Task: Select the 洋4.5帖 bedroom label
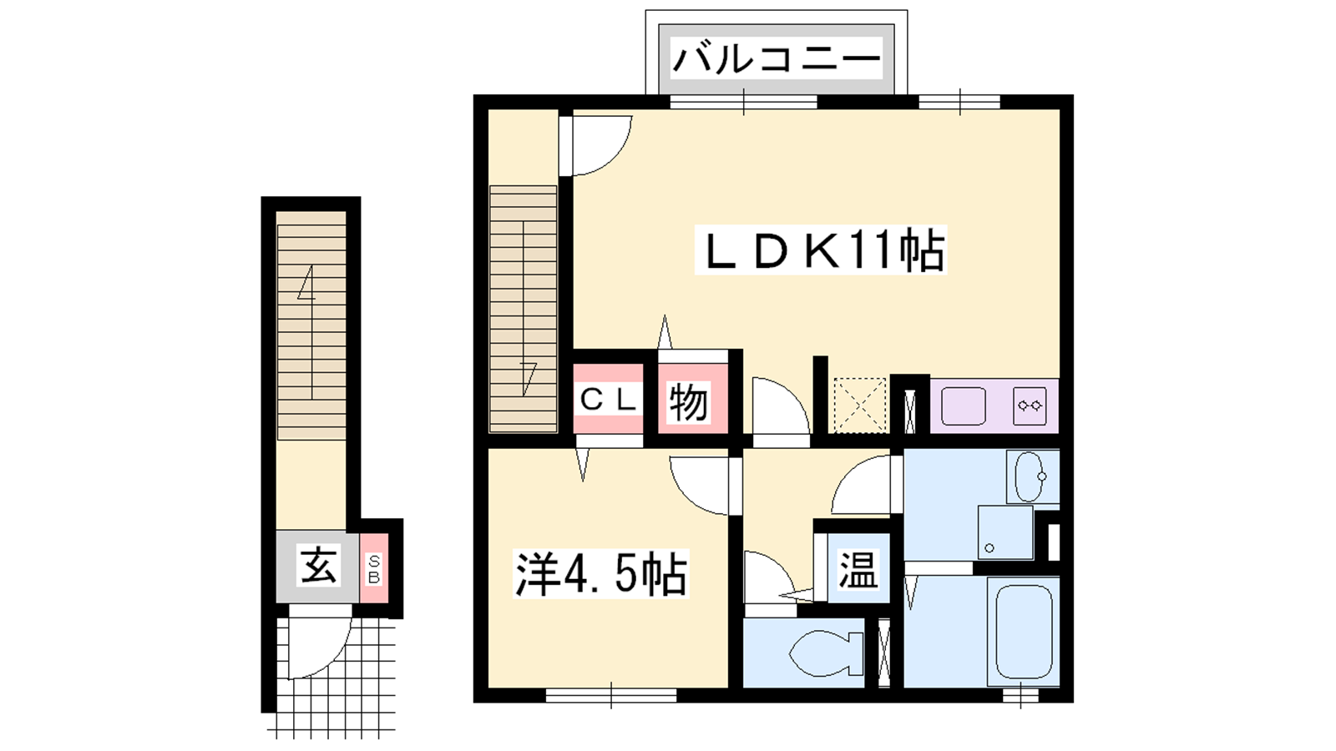(x=601, y=573)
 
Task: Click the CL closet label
(x=608, y=400)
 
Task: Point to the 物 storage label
(x=689, y=402)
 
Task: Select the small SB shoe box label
(x=374, y=569)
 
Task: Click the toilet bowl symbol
(x=827, y=653)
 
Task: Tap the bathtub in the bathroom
(x=1023, y=632)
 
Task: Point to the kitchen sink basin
(x=964, y=406)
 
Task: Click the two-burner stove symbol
(x=1030, y=406)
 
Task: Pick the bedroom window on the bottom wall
(x=611, y=696)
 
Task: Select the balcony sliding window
(x=743, y=102)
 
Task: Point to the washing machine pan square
(x=1005, y=533)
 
